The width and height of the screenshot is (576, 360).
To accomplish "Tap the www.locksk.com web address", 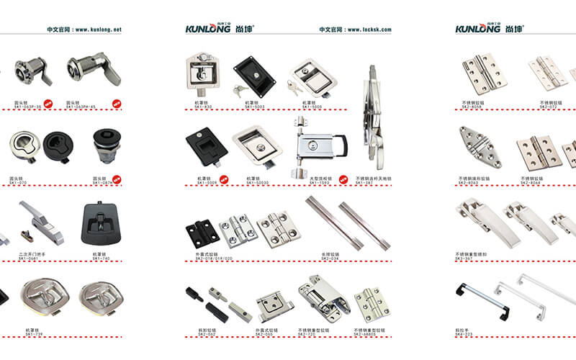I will [x=369, y=30].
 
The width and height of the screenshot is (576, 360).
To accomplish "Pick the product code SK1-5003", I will [x=255, y=107].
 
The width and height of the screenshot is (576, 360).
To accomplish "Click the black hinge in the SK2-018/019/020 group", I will [x=199, y=232].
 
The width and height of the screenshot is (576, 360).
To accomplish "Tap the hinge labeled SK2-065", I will [x=275, y=305].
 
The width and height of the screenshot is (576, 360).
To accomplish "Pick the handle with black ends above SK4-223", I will [x=482, y=300].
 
